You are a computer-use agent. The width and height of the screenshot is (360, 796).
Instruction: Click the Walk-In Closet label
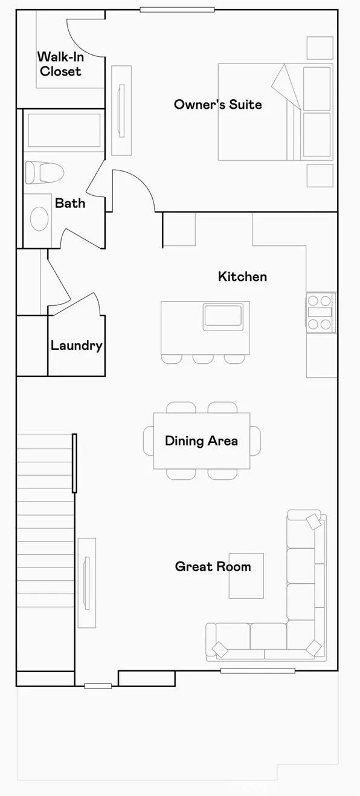[x=59, y=64]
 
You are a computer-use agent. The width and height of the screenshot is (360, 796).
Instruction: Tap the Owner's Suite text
[x=217, y=105]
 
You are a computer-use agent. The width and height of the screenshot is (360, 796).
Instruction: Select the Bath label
[x=70, y=203]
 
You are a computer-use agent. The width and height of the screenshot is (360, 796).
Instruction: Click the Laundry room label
[x=76, y=346]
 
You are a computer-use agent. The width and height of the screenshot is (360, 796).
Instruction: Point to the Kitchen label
[x=242, y=277]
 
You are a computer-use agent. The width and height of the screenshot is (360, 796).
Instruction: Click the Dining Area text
[x=201, y=441]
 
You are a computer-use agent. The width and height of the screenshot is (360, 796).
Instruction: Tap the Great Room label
[x=213, y=567]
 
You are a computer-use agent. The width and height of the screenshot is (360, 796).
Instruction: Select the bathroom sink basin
[x=39, y=218]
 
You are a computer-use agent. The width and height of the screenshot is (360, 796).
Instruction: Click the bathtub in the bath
[x=64, y=131]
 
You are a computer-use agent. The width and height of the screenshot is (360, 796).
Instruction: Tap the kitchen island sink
[x=222, y=317]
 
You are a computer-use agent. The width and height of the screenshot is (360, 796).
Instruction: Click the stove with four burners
[x=320, y=312]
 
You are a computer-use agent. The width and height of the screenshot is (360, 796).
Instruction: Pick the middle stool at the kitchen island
[x=203, y=359]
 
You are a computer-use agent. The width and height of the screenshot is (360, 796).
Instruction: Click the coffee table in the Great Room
[x=246, y=575]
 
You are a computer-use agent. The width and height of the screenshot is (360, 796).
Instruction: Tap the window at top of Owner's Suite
[x=177, y=10]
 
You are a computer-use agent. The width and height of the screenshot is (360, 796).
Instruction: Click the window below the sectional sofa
[x=257, y=670]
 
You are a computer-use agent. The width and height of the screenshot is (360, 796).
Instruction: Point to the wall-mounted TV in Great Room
[x=87, y=583]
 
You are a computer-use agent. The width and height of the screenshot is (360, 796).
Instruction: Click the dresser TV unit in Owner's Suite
[x=121, y=110]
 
